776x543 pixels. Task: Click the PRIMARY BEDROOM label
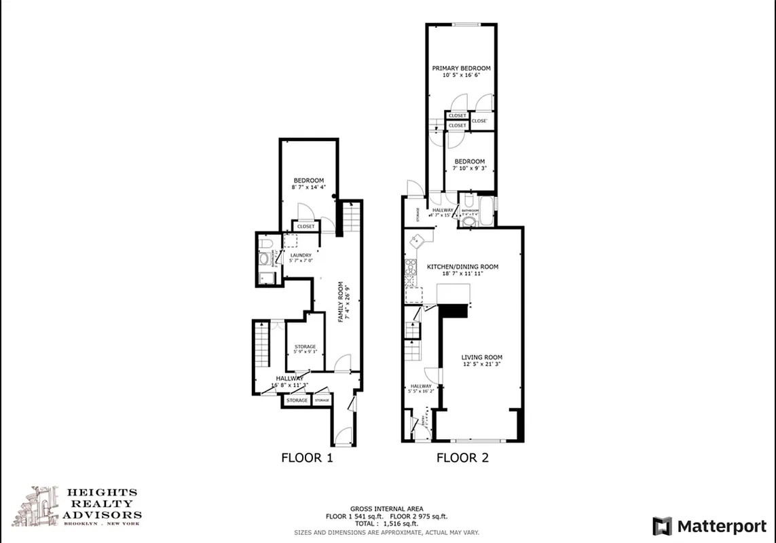[x=462, y=69]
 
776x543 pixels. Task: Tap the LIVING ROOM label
[x=482, y=358]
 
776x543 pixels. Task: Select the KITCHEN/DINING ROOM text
[x=462, y=267]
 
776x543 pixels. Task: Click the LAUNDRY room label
[x=300, y=256]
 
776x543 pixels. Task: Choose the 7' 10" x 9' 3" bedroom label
[x=470, y=162]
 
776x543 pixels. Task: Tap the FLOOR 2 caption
[x=462, y=457]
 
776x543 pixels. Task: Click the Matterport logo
[x=709, y=526]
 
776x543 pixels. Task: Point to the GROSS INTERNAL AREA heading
[x=386, y=508]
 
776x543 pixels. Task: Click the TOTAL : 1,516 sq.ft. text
[x=386, y=525]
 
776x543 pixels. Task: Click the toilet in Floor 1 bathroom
[x=267, y=242]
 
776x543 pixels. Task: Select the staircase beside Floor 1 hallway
[x=262, y=347]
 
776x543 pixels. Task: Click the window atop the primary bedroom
[x=467, y=25]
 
